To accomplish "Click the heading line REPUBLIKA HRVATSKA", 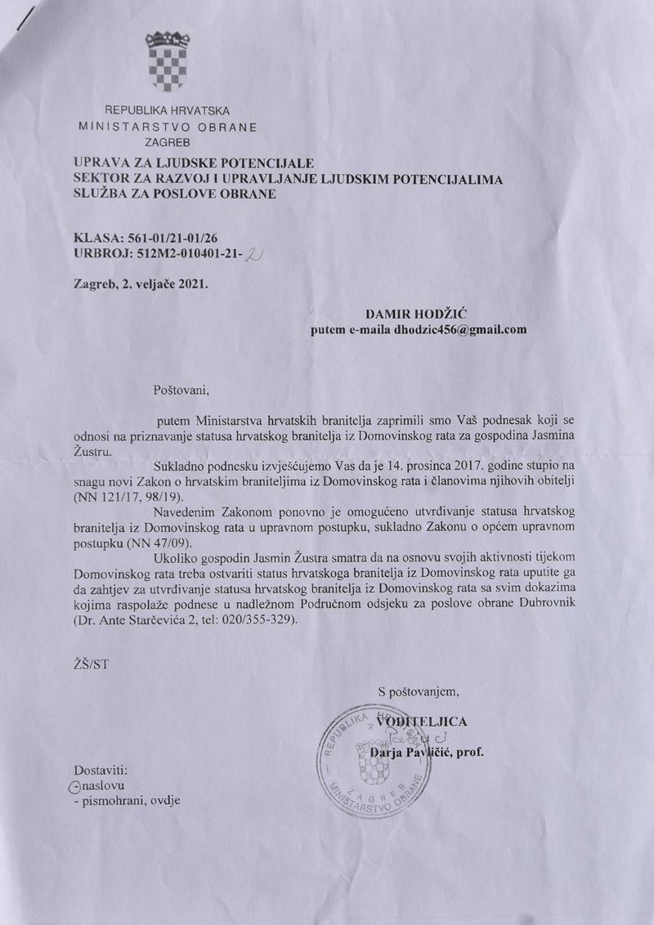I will pos(167,110).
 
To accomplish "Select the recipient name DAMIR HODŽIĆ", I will pos(414,314).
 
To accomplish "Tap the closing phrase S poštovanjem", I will pos(419,692).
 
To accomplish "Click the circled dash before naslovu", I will pos(76,785).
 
